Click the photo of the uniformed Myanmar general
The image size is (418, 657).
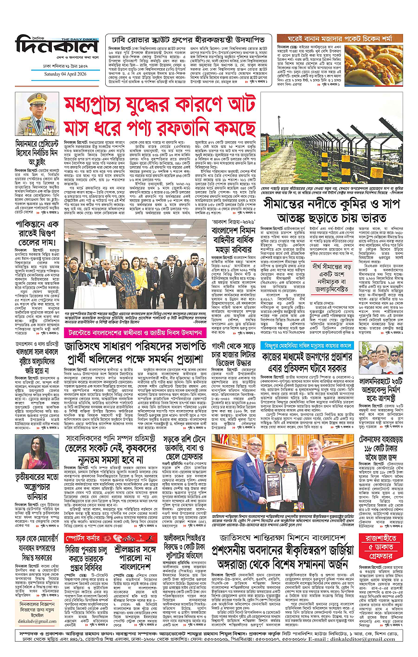tap(36, 114)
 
